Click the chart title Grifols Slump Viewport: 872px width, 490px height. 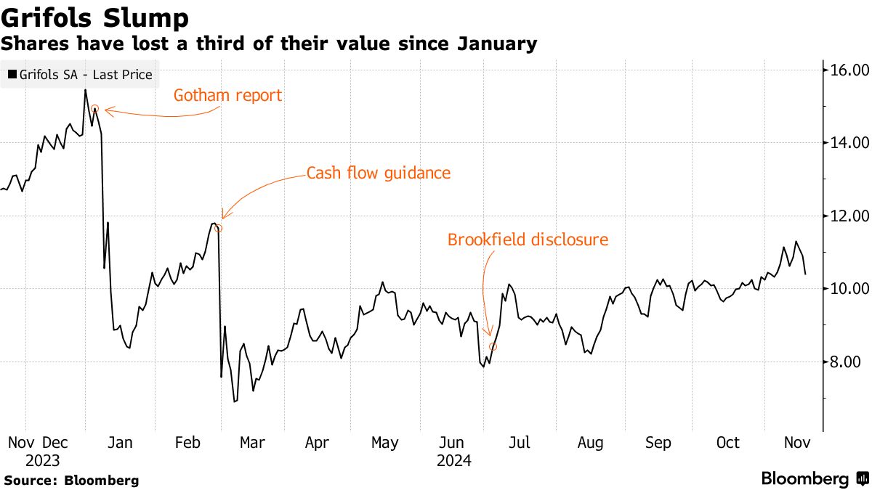pos(95,17)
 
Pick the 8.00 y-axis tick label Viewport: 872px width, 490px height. pos(847,362)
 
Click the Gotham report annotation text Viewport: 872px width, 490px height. pos(227,95)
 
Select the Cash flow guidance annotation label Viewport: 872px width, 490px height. pos(379,173)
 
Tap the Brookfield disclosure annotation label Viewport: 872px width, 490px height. pos(528,240)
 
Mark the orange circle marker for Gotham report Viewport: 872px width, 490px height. pos(94,109)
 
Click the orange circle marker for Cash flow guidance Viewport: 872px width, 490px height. pos(217,228)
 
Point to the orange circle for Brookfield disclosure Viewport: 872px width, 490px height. pos(493,347)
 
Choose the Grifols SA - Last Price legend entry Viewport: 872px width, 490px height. pos(80,74)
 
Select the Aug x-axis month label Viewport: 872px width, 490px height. pos(590,443)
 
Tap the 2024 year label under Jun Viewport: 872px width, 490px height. pos(453,460)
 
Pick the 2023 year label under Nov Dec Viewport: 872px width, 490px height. pos(42,460)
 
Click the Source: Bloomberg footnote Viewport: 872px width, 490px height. pos(71,481)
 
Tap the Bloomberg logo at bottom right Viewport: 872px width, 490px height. pos(814,479)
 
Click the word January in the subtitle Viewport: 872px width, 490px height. pos(497,44)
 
